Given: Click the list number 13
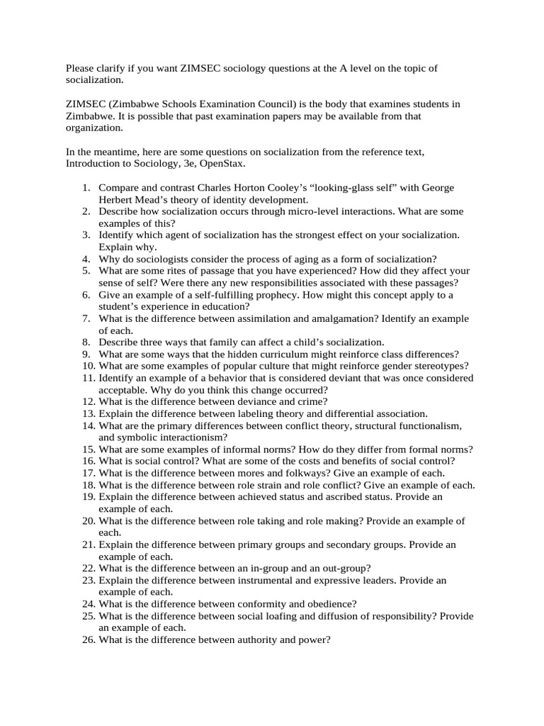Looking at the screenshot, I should click(89, 413).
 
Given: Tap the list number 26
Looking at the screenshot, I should click(89, 640).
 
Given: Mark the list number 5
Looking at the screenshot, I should click(86, 271).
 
